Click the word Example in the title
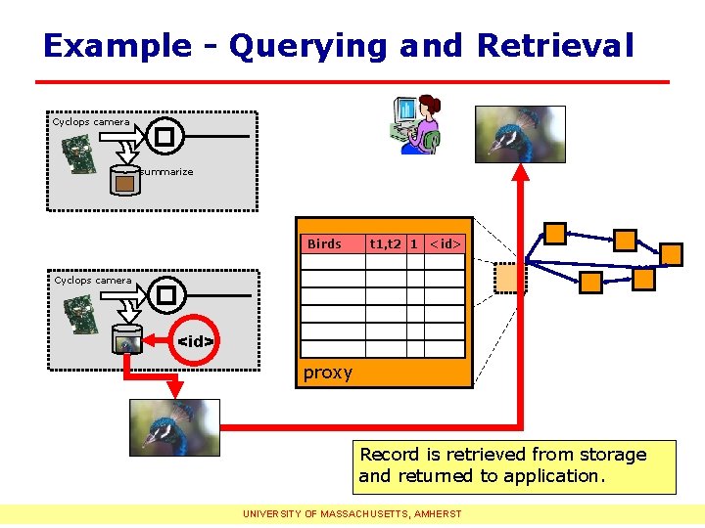(x=117, y=46)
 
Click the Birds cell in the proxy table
(x=324, y=243)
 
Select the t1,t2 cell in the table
(x=386, y=243)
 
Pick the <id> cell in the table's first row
(x=446, y=243)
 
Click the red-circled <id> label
(x=195, y=341)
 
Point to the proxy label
(x=327, y=373)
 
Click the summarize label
(x=166, y=172)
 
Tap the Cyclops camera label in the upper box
(x=91, y=122)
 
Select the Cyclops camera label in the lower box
(x=92, y=281)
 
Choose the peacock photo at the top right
(x=519, y=134)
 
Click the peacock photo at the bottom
(x=174, y=427)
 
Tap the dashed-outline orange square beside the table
(x=510, y=278)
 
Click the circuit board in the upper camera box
(x=80, y=154)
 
